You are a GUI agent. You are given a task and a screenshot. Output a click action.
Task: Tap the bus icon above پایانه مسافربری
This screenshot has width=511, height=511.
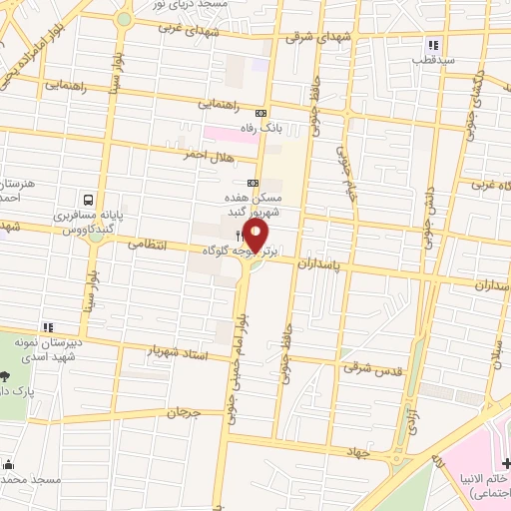click(90, 199)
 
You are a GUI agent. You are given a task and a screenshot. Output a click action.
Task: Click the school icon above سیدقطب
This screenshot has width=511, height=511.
click(433, 45)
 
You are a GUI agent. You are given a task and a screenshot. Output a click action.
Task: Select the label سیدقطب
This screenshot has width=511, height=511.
click(435, 60)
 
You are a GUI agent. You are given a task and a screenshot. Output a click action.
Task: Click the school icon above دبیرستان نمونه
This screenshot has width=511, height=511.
click(47, 326)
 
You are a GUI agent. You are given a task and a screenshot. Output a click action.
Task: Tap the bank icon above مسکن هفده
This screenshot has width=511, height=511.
click(252, 183)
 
